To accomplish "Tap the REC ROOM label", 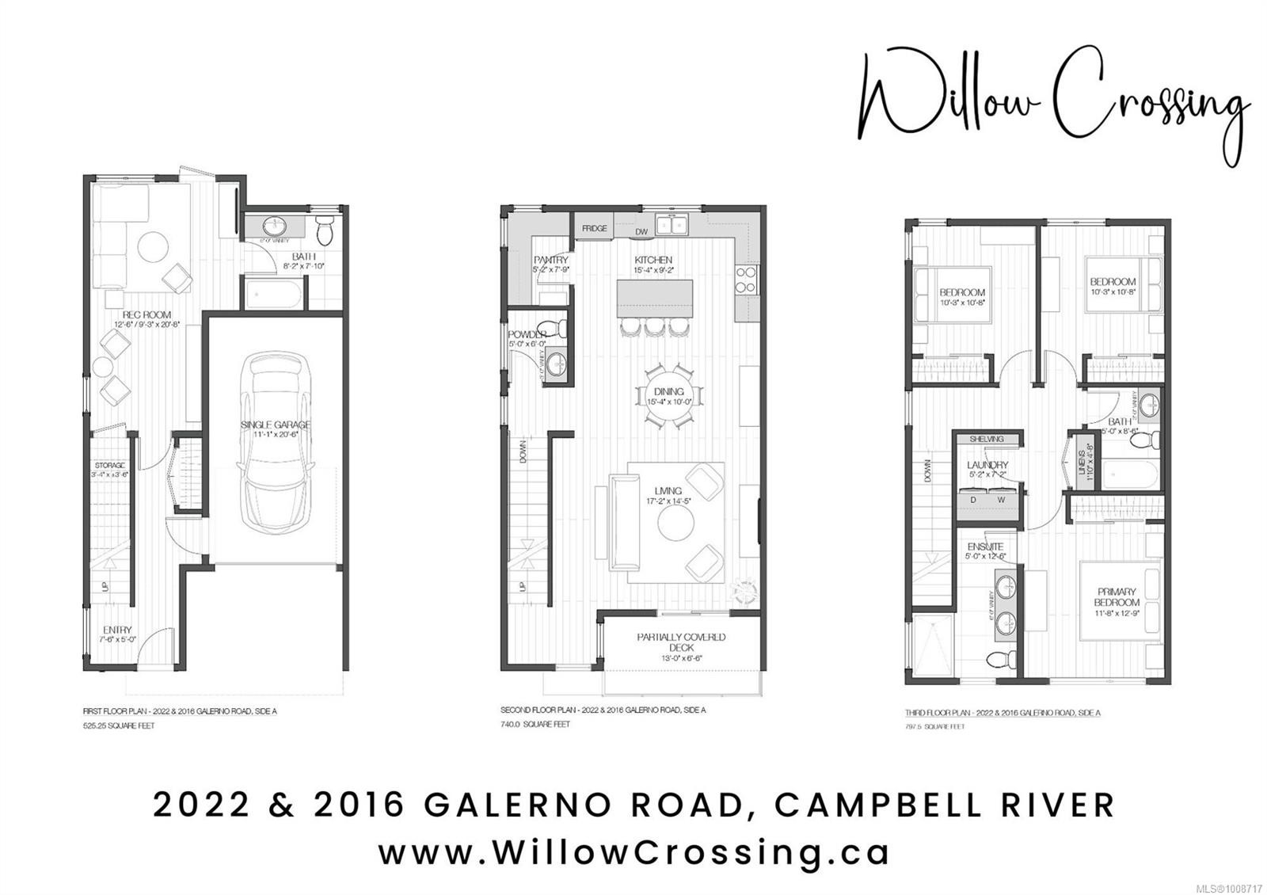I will pos(147,314).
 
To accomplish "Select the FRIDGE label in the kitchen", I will pos(595,229).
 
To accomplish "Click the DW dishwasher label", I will pos(642,232).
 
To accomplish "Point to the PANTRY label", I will pos(551,260).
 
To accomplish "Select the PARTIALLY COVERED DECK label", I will pos(681,637).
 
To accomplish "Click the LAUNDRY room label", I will pos(987,465).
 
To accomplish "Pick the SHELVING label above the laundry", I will pos(987,439).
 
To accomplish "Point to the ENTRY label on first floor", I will pos(117,630).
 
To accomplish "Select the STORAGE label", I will pos(109,465).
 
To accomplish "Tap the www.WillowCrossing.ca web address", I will pos(633,852).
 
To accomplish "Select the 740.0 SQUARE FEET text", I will pos(535,724).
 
